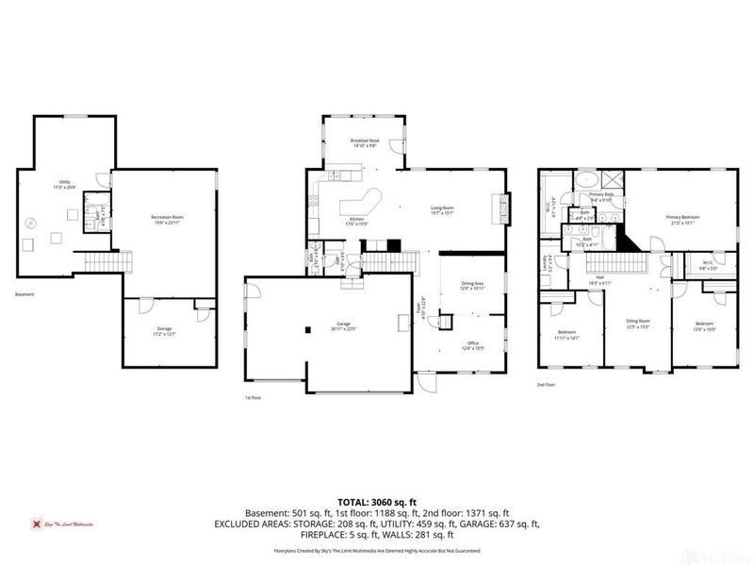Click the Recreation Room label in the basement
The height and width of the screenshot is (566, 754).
click(x=166, y=217)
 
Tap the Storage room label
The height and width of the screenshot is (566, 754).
click(x=165, y=328)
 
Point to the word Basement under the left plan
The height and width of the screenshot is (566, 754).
click(x=25, y=294)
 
